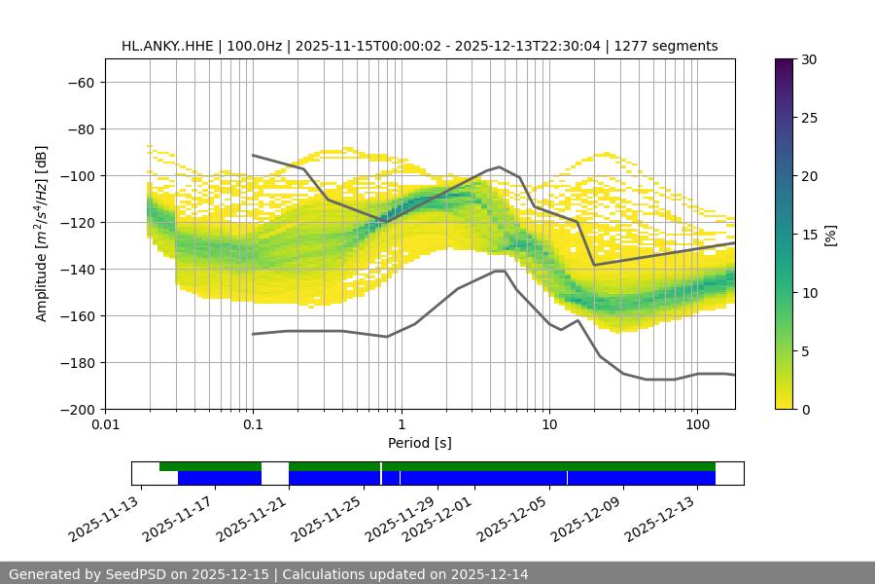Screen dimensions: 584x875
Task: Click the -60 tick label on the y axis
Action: pos(79,82)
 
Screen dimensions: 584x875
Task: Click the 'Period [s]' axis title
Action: pos(419,443)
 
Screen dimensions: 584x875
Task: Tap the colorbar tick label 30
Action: pos(809,59)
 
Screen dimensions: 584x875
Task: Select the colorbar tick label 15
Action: pos(809,235)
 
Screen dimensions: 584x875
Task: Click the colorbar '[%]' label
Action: pos(830,235)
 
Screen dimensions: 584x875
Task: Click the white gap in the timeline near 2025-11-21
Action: pos(275,473)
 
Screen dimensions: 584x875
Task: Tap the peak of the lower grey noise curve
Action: pos(500,271)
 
